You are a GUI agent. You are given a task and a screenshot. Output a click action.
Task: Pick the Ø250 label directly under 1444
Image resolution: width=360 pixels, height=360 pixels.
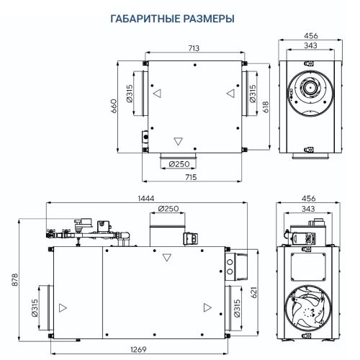point(167,209)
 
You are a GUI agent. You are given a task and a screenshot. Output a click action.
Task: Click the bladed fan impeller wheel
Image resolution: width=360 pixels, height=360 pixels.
point(310,310)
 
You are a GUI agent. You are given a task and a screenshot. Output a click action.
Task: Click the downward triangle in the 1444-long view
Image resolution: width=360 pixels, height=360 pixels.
point(167,257)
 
